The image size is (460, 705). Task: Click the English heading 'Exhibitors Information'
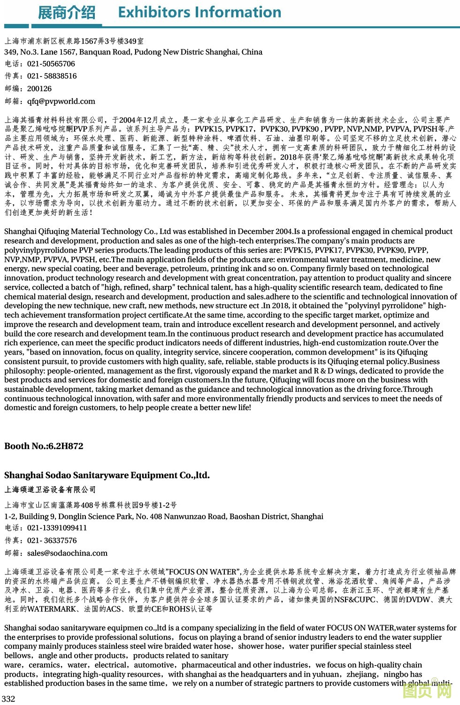pyautogui.click(x=199, y=12)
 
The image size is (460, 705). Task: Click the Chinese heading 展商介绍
pyautogui.click(x=66, y=13)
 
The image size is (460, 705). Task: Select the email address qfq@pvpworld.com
pyautogui.click(x=61, y=101)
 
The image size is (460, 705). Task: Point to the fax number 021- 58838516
pyautogui.click(x=52, y=76)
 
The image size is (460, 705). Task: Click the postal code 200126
pyautogui.click(x=39, y=89)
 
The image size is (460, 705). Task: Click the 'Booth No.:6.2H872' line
pyautogui.click(x=44, y=446)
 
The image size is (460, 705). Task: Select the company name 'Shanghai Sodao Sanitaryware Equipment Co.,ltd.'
pyautogui.click(x=107, y=475)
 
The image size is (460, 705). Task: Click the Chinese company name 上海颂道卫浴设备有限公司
pyautogui.click(x=50, y=490)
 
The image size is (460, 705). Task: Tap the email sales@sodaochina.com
pyautogui.click(x=67, y=553)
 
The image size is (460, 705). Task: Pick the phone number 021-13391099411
pyautogui.click(x=57, y=528)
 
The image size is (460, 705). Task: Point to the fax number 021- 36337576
pyautogui.click(x=52, y=541)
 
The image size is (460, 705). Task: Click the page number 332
pyautogui.click(x=9, y=699)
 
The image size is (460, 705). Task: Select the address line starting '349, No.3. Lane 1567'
pyautogui.click(x=133, y=52)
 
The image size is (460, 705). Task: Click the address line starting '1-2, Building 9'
pyautogui.click(x=164, y=517)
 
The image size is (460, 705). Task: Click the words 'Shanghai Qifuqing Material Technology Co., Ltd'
pyautogui.click(x=88, y=232)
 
